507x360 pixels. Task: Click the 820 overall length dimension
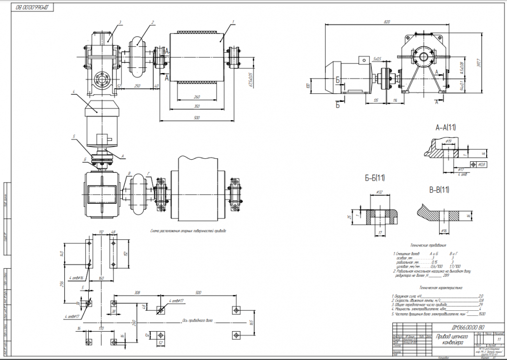click(388, 22)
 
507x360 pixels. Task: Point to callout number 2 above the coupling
click(152, 22)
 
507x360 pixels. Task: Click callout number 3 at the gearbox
click(120, 22)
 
